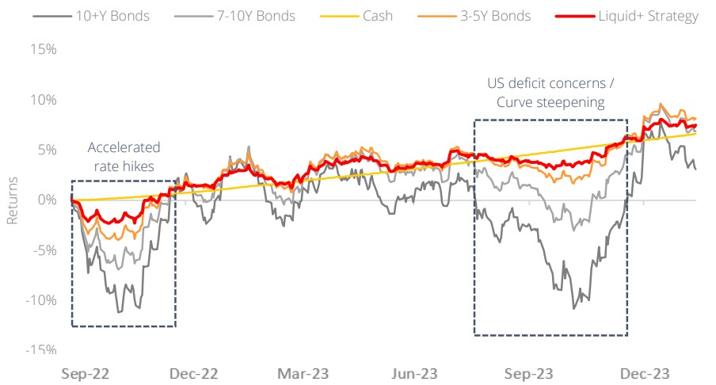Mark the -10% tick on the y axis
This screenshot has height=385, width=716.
click(39, 300)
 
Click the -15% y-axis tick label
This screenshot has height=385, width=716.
click(39, 350)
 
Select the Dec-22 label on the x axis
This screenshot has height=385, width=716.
click(196, 372)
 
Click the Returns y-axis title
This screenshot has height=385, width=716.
click(13, 200)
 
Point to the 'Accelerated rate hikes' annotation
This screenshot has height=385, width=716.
click(124, 156)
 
